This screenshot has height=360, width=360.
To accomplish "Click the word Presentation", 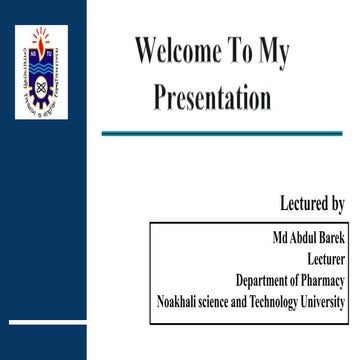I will pyautogui.click(x=212, y=97).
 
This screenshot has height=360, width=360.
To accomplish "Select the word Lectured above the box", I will pyautogui.click(x=301, y=204).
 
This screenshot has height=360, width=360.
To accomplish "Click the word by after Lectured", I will pyautogui.click(x=337, y=205).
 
